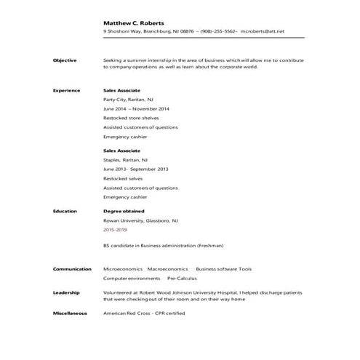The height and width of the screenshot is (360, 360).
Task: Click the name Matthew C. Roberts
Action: tap(133, 23)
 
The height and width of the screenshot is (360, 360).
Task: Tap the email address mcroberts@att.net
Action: tap(261, 32)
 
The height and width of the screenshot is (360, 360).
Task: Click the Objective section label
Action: tap(65, 60)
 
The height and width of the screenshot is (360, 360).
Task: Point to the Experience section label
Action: tap(66, 90)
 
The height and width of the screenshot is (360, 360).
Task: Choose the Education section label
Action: tap(65, 210)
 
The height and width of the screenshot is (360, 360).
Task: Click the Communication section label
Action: tap(72, 268)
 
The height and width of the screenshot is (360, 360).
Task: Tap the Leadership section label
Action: tap(66, 292)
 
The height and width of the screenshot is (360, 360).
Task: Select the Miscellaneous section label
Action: tap(70, 313)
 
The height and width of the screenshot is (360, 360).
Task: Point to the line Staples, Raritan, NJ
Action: tap(125, 159)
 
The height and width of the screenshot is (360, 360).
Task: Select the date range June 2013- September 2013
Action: tap(136, 169)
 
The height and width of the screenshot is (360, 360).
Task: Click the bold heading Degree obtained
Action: tap(124, 210)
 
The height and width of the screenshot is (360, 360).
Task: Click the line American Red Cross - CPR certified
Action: tap(144, 313)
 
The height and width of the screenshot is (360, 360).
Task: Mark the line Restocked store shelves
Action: tap(127, 117)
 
